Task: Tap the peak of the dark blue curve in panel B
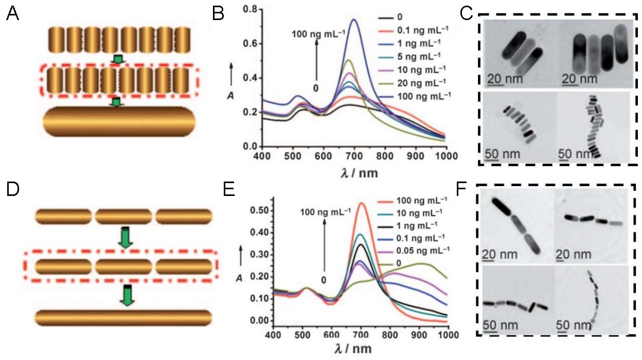(354, 20)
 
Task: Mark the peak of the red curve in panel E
(362, 203)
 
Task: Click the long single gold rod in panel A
(119, 123)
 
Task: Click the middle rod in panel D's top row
(123, 216)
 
